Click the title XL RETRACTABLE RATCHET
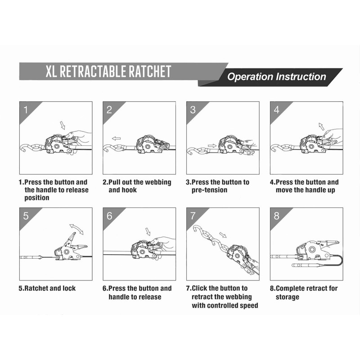(x=108, y=71)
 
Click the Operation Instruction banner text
(x=276, y=76)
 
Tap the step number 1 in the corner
(x=26, y=109)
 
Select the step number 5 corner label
(x=26, y=216)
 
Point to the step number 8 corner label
(x=276, y=216)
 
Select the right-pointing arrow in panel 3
(x=211, y=146)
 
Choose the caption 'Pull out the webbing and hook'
(x=137, y=186)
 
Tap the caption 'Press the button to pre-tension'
(x=218, y=186)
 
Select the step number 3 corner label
(x=193, y=109)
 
